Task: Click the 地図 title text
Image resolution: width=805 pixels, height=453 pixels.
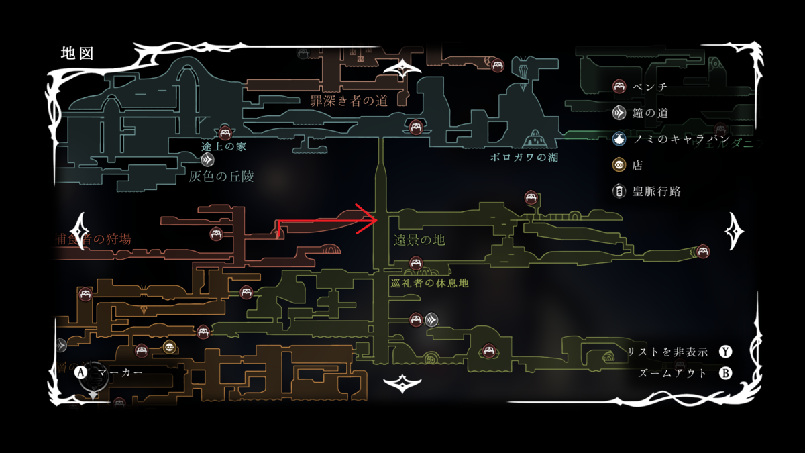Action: click(76, 53)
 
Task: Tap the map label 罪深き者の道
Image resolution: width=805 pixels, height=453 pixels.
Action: click(349, 101)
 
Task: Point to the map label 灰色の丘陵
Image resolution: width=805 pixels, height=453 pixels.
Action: click(221, 176)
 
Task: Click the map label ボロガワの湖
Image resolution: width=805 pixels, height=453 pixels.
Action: click(524, 158)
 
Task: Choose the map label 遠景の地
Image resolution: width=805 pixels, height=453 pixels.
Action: click(420, 240)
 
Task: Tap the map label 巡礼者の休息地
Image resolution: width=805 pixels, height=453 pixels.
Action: click(429, 283)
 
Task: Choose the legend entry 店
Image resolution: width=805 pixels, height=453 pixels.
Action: click(637, 165)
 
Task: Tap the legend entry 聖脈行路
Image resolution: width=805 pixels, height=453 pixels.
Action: click(656, 191)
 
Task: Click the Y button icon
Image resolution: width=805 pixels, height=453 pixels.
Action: click(725, 352)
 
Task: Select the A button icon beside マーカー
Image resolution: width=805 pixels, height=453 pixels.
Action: click(82, 371)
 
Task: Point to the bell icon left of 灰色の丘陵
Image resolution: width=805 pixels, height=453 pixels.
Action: click(207, 160)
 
